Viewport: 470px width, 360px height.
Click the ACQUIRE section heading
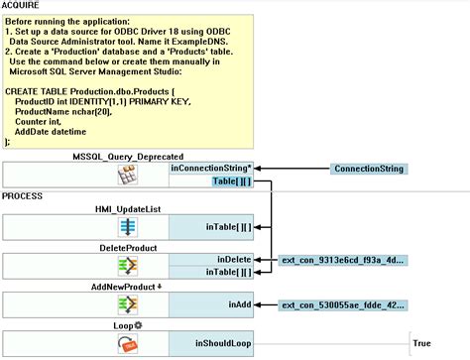[x=23, y=5]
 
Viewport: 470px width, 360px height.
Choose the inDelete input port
[x=235, y=259]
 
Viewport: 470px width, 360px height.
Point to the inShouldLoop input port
[x=222, y=343]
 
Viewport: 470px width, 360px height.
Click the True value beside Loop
[x=421, y=343]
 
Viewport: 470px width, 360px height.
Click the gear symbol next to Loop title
[x=140, y=324]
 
